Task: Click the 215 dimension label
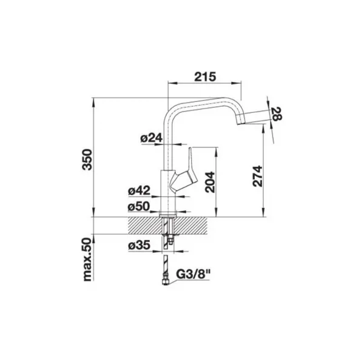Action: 205,77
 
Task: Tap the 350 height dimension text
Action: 88,160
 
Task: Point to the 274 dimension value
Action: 257,176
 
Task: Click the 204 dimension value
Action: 210,182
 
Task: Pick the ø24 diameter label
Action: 151,138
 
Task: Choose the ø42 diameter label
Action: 140,191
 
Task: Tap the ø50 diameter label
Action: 138,206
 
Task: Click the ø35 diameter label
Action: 140,245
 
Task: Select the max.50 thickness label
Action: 88,259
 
